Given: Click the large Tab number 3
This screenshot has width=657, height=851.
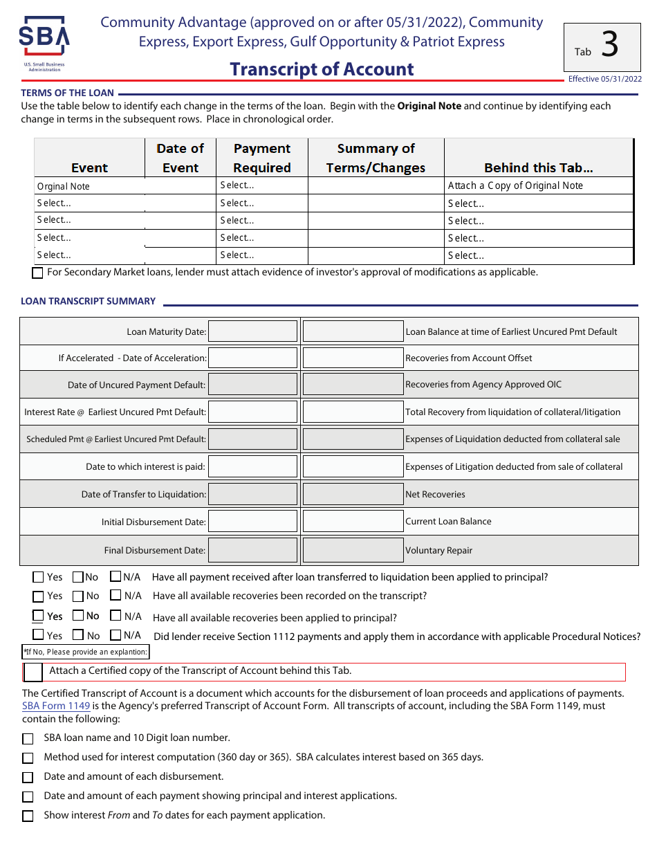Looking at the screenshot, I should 609,46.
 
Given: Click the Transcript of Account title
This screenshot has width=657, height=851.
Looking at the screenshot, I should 322,69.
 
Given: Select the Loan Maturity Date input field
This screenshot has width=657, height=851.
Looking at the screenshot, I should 252,331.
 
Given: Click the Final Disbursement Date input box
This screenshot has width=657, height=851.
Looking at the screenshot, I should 252,550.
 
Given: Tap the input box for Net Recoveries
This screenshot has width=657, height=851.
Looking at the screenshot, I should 353,494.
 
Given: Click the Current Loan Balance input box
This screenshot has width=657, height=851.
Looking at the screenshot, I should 353,522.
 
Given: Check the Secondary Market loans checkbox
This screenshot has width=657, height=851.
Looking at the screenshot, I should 38,273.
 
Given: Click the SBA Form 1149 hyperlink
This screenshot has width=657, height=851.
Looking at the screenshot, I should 56,706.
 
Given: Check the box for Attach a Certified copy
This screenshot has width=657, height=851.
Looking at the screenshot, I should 33,672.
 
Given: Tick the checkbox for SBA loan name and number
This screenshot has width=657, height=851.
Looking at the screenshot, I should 28,739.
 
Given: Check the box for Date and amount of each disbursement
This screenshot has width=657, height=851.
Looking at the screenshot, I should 28,778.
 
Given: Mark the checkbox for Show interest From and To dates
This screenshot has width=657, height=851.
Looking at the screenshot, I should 28,816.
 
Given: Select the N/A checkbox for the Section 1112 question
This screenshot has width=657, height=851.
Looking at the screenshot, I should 115,634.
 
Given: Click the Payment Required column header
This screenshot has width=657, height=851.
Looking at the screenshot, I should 261,158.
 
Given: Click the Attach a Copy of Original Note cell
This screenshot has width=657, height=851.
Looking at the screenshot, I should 515,185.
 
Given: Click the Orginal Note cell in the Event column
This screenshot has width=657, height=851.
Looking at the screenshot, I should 64,186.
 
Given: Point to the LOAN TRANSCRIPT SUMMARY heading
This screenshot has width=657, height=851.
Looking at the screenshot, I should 88,301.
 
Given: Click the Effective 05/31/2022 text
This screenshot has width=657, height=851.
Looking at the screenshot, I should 604,79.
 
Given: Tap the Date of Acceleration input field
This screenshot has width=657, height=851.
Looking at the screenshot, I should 252,358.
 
